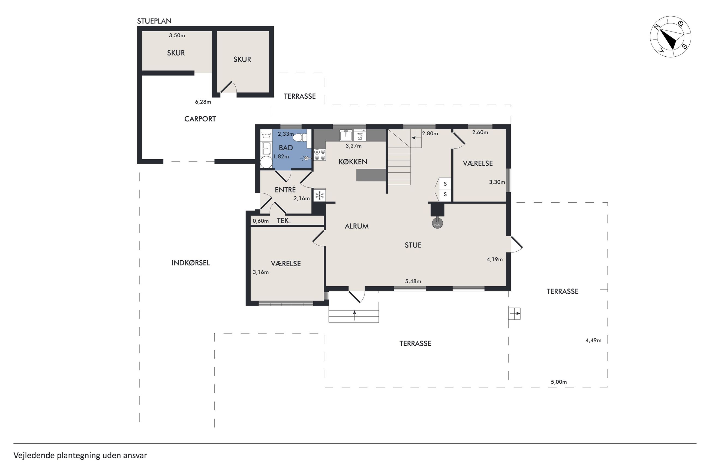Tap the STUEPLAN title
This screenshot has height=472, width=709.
point(154,21)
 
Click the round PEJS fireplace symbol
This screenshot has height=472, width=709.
point(437,224)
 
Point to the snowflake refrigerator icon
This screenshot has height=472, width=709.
point(319,196)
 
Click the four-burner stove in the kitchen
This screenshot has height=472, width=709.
point(320,155)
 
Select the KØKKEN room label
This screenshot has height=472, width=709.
point(353,162)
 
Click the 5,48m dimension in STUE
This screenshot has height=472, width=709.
point(413,281)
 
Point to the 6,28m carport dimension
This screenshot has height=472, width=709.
point(203,102)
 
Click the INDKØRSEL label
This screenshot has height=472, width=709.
point(191,263)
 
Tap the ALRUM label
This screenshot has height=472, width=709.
point(356,226)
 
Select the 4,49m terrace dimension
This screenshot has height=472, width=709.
point(593,340)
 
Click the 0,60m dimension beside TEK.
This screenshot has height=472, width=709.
point(261,221)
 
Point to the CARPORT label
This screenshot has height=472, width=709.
point(200,119)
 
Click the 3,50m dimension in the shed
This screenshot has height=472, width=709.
point(177,35)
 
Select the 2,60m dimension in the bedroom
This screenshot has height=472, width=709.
point(480,132)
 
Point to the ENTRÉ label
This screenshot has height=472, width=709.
point(285,190)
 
